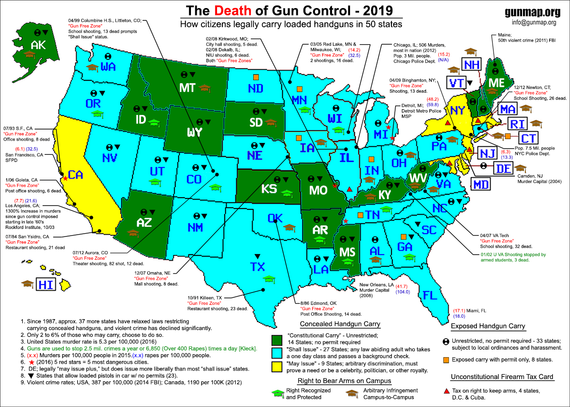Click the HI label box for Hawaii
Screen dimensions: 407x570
click(x=46, y=284)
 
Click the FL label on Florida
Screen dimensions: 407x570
click(x=430, y=295)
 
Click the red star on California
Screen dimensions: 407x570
click(x=66, y=178)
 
